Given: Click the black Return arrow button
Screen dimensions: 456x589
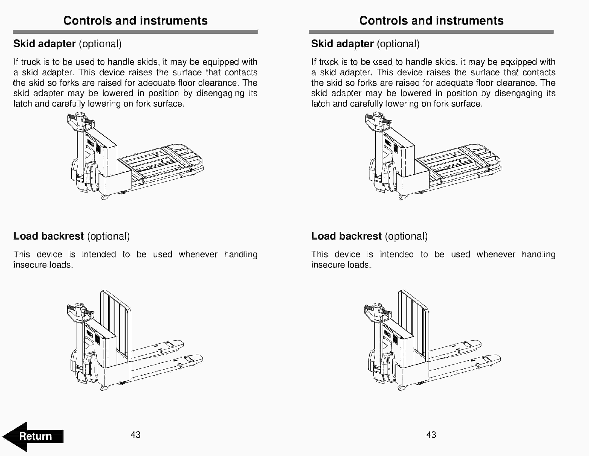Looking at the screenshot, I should click(32, 436).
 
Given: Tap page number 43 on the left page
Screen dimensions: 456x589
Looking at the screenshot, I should click(135, 435).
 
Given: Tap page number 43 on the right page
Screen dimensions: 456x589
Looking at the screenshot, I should click(431, 435).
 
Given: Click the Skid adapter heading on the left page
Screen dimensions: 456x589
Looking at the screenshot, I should click(44, 44).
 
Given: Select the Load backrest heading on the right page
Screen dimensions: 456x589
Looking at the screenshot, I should click(346, 236).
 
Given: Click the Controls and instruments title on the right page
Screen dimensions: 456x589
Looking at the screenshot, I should click(431, 21).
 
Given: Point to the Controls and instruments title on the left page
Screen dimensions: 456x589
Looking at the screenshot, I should click(135, 21).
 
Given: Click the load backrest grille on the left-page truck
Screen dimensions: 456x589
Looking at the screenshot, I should click(115, 322).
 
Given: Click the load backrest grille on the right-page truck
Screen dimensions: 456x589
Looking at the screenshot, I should click(413, 322).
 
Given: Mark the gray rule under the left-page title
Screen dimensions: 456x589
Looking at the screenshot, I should click(135, 32).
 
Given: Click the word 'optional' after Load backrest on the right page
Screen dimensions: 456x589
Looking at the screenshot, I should click(406, 236).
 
